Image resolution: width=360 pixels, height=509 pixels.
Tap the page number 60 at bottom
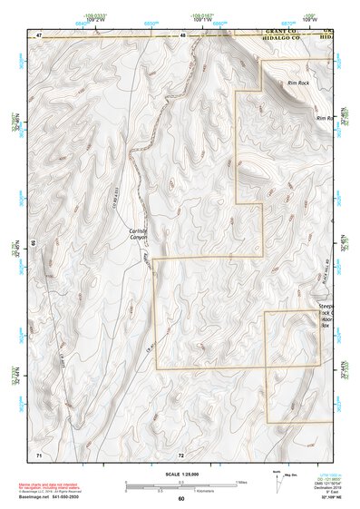[x=180, y=499]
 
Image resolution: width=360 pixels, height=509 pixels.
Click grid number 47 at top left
[x=39, y=34]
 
